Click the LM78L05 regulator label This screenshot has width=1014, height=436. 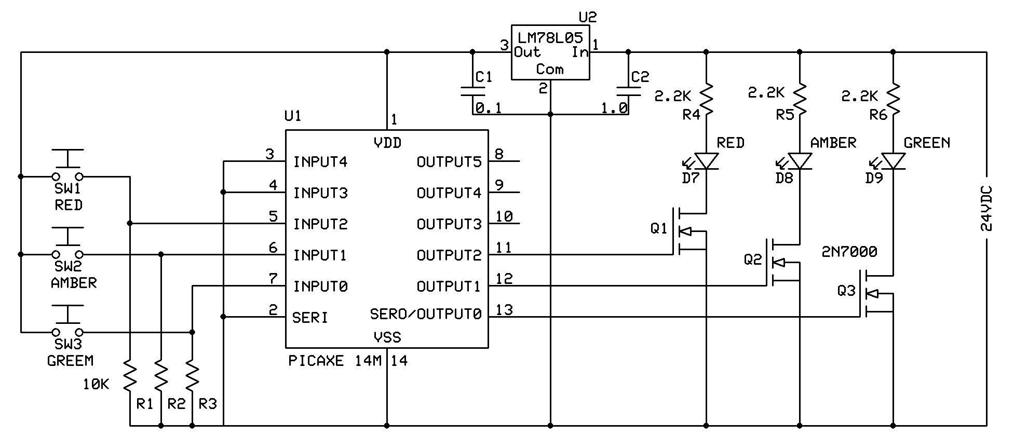tap(550, 37)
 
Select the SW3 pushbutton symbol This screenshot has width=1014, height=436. tap(67, 320)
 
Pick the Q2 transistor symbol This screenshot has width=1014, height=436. tap(781, 262)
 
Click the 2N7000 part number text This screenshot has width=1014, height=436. tap(849, 252)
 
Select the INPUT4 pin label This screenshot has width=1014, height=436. tap(320, 162)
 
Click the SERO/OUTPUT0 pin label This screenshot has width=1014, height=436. tap(426, 314)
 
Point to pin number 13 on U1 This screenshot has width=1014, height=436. tap(504, 310)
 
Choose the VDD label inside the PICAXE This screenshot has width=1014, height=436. tap(387, 143)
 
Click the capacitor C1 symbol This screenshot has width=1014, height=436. tap(472, 92)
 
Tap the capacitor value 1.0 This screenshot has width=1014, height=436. tap(614, 108)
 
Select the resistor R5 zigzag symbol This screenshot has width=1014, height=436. tap(800, 101)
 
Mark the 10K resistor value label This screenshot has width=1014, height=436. tap(96, 385)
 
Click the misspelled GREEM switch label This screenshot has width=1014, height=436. tap(70, 361)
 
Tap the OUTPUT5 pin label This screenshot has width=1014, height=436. tap(449, 162)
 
